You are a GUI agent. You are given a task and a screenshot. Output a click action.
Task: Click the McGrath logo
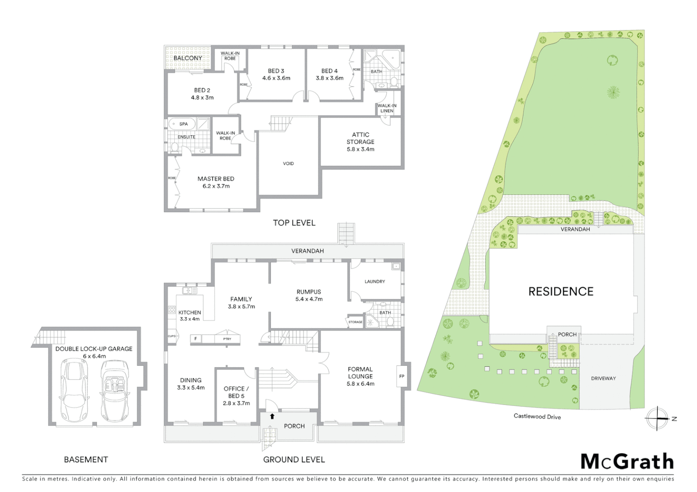627,461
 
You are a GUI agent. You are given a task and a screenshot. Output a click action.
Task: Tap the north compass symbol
657,418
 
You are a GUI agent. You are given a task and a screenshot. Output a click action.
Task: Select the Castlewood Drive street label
537,416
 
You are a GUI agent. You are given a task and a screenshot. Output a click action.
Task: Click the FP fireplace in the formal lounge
401,376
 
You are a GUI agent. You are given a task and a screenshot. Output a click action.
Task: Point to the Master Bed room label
216,179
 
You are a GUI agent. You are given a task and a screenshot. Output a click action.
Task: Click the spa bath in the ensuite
182,124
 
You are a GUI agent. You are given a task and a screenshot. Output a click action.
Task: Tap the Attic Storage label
360,142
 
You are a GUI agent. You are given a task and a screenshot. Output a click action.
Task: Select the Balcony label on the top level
187,58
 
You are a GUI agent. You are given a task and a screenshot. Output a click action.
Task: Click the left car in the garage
73,390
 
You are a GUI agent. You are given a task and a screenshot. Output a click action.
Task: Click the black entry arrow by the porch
272,416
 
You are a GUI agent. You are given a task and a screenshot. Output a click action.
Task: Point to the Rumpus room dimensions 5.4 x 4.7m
309,299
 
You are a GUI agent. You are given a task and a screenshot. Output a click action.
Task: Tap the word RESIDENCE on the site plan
561,292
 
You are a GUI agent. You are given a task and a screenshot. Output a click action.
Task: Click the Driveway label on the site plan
603,379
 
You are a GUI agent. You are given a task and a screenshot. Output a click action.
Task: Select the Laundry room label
375,282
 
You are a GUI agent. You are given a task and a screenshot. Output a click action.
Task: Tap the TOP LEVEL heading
294,223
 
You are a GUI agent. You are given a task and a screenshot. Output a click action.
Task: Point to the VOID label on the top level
288,164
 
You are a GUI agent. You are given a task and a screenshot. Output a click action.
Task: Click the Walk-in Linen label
387,108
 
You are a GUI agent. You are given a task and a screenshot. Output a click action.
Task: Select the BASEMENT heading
86,460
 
